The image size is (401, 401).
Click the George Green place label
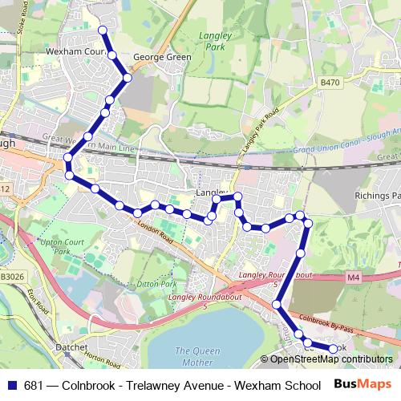coord(162,58)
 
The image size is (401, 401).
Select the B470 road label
coord(330,82)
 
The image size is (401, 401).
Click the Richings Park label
coord(378,196)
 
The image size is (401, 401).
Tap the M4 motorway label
coord(354,277)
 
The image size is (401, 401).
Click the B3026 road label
coord(12,275)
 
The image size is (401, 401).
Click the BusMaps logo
coord(361,385)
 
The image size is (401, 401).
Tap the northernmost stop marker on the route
coord(103,30)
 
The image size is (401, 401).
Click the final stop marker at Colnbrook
coord(334,349)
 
